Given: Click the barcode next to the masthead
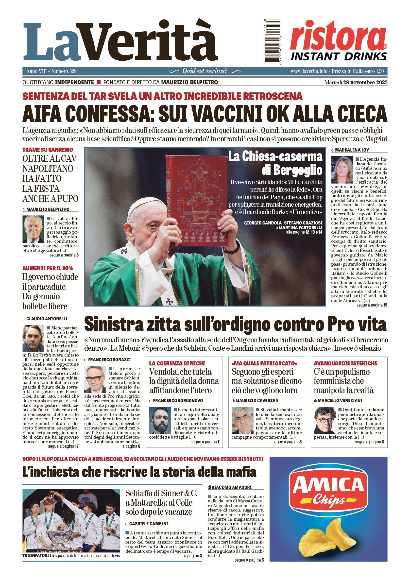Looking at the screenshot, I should pos(272,41).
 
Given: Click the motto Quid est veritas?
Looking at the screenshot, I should pos(205,71).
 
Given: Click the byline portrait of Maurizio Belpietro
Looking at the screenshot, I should pos(33,229).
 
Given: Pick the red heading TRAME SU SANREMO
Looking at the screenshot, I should pos(48,150).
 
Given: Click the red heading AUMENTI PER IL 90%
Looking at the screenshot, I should pos(48,268).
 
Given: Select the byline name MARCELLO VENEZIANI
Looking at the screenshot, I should pos(340,400).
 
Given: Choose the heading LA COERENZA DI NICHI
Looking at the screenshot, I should pos(177,363).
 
